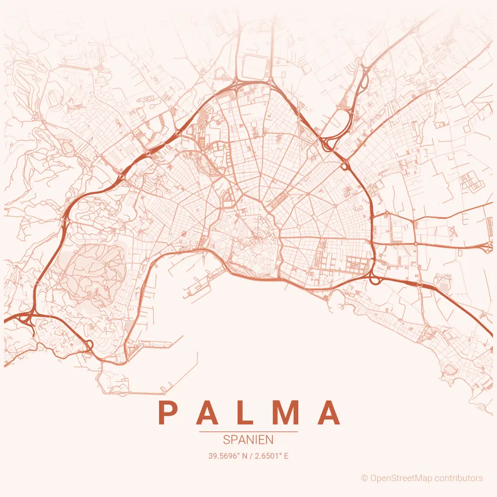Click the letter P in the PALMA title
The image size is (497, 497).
click(167, 413)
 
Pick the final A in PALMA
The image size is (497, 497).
click(330, 413)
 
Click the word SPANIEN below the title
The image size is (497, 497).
click(248, 440)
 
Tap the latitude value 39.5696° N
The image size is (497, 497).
click(228, 455)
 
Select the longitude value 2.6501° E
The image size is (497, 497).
click(271, 455)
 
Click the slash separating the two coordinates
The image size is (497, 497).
click(251, 455)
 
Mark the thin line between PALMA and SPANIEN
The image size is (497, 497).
click(248, 432)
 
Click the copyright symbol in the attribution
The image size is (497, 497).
click(364, 478)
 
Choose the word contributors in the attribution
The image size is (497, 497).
click(458, 478)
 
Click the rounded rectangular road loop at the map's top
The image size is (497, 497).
click(253, 67)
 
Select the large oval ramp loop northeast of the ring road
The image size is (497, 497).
click(343, 119)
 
